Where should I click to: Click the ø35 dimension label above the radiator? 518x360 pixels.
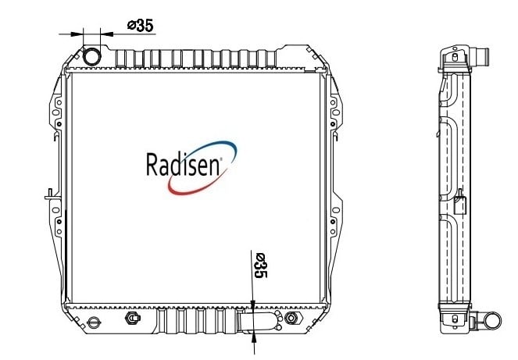click(141, 26)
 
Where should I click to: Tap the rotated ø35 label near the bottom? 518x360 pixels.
click(260, 266)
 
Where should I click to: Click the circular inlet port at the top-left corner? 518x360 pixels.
click(91, 56)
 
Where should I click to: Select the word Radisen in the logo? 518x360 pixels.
click(183, 164)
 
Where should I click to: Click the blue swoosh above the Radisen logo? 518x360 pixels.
click(212, 148)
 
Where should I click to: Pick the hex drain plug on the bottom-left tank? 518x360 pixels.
click(133, 318)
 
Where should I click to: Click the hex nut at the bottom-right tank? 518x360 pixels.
click(292, 318)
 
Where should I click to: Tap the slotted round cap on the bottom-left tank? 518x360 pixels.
click(94, 322)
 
